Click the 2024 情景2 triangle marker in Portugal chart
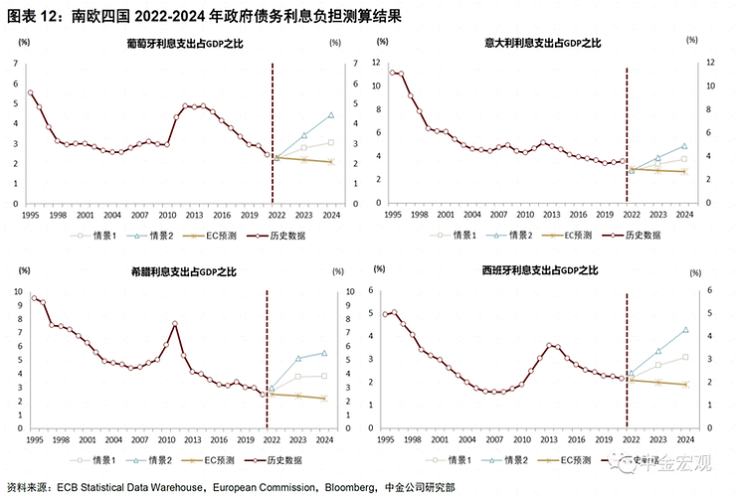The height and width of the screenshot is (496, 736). pos(330,115)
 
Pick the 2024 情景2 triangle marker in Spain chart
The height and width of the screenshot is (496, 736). pos(685,330)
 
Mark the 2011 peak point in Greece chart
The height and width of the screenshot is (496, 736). pos(175,323)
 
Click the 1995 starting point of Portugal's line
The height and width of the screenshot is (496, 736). pos(31,92)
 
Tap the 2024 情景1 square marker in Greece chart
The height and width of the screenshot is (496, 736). pos(324,376)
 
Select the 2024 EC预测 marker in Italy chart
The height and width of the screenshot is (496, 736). pos(684,172)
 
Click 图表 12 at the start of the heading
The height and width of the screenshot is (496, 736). pos(27,12)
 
